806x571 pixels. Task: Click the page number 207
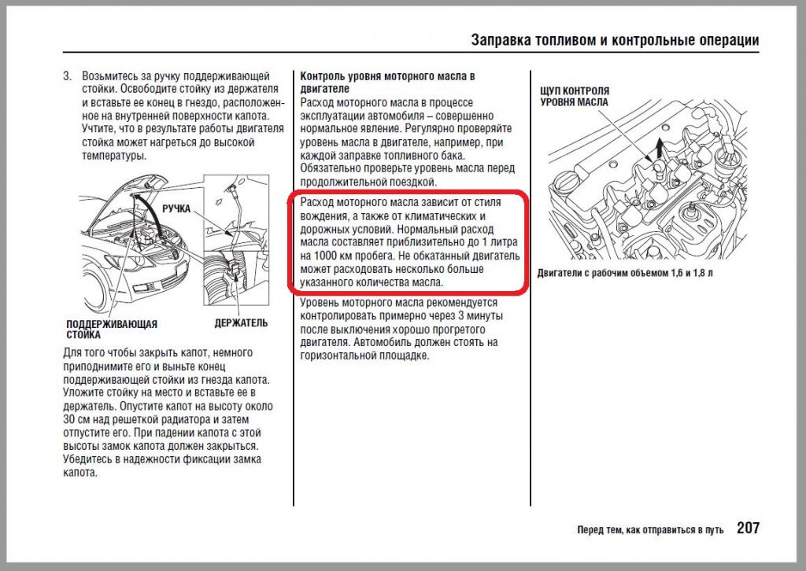pyautogui.click(x=748, y=528)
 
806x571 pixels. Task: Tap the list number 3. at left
pyautogui.click(x=68, y=76)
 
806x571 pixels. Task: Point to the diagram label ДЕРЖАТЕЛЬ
pyautogui.click(x=241, y=322)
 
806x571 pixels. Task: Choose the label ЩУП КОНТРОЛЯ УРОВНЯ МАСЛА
pyautogui.click(x=574, y=97)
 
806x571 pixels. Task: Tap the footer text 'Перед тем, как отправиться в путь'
pyautogui.click(x=649, y=529)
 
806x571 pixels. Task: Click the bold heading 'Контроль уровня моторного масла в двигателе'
pyautogui.click(x=388, y=83)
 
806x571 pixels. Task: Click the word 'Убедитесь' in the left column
pyautogui.click(x=89, y=459)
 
